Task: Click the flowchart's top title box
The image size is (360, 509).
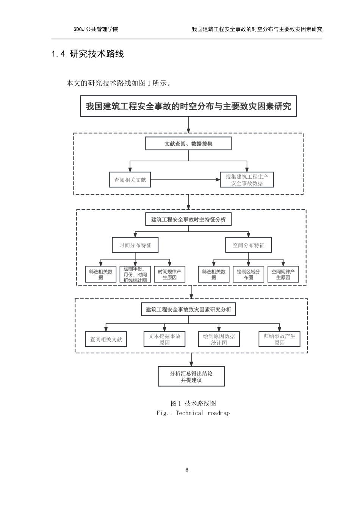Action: pyautogui.click(x=188, y=106)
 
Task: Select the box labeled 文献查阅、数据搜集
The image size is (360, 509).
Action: pyautogui.click(x=188, y=144)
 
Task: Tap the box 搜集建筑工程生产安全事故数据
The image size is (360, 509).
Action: pyautogui.click(x=247, y=180)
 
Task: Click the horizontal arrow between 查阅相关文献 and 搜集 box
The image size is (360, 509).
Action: pyautogui.click(x=185, y=180)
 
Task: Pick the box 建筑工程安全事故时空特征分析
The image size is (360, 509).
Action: pyautogui.click(x=188, y=219)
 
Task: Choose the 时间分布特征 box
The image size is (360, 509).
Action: pyautogui.click(x=135, y=245)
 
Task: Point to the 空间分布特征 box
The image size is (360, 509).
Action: pyautogui.click(x=249, y=245)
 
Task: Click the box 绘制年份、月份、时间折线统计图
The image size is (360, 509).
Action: pyautogui.click(x=135, y=274)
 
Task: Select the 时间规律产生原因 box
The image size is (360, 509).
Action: pyautogui.click(x=170, y=274)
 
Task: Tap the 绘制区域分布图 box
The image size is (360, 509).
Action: pyautogui.click(x=248, y=274)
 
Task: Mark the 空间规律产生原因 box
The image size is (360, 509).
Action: pyautogui.click(x=283, y=274)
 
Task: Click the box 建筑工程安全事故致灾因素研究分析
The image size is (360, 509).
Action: pyautogui.click(x=188, y=309)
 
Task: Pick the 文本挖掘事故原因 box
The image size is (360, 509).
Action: pyautogui.click(x=164, y=339)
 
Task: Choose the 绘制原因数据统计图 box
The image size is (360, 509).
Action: pyautogui.click(x=219, y=339)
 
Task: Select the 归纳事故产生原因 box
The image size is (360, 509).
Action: pyautogui.click(x=279, y=339)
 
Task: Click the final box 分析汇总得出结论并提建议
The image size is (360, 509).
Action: pyautogui.click(x=191, y=376)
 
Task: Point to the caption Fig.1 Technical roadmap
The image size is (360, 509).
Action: pyautogui.click(x=193, y=413)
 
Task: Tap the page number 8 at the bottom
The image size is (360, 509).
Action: pyautogui.click(x=187, y=470)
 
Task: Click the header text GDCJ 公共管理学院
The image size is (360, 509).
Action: pyautogui.click(x=95, y=29)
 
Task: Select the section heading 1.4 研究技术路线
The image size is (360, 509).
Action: pyautogui.click(x=88, y=54)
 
